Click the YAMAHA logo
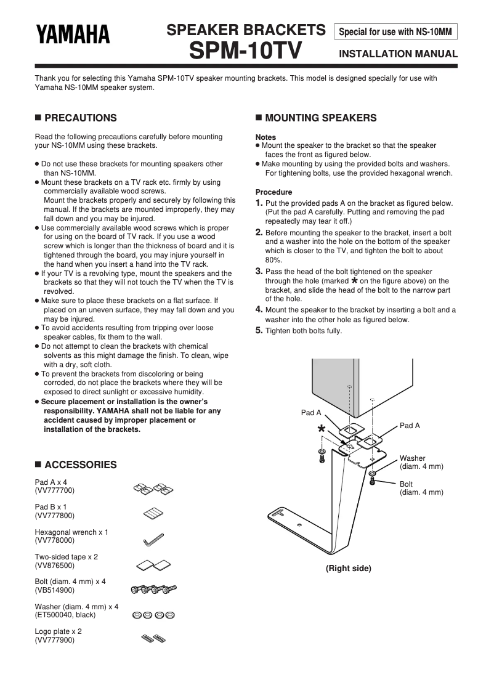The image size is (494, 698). pyautogui.click(x=73, y=34)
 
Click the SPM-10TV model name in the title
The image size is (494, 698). pyautogui.click(x=246, y=51)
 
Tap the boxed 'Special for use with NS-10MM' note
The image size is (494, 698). pyautogui.click(x=395, y=31)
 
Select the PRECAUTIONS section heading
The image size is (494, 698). pyautogui.click(x=80, y=118)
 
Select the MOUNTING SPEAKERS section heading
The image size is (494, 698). pyautogui.click(x=320, y=118)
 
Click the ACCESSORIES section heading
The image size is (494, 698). pyautogui.click(x=80, y=465)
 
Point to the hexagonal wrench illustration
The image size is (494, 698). pyautogui.click(x=153, y=539)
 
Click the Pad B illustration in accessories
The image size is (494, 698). pyautogui.click(x=153, y=513)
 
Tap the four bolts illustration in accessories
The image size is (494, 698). pyautogui.click(x=153, y=590)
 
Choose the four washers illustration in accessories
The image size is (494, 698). pyautogui.click(x=153, y=614)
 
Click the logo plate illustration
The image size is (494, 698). pyautogui.click(x=153, y=638)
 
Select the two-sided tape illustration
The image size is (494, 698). pyautogui.click(x=153, y=564)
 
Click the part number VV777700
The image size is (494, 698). pyautogui.click(x=55, y=490)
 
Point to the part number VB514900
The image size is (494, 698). pyautogui.click(x=55, y=590)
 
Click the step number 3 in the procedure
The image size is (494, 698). pyautogui.click(x=259, y=271)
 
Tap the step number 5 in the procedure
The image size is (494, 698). pyautogui.click(x=259, y=330)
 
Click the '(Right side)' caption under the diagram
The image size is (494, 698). pyautogui.click(x=349, y=568)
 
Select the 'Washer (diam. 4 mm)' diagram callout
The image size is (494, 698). pyautogui.click(x=421, y=462)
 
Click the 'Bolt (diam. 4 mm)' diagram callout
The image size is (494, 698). pyautogui.click(x=421, y=488)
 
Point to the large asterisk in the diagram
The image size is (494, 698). pyautogui.click(x=321, y=429)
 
